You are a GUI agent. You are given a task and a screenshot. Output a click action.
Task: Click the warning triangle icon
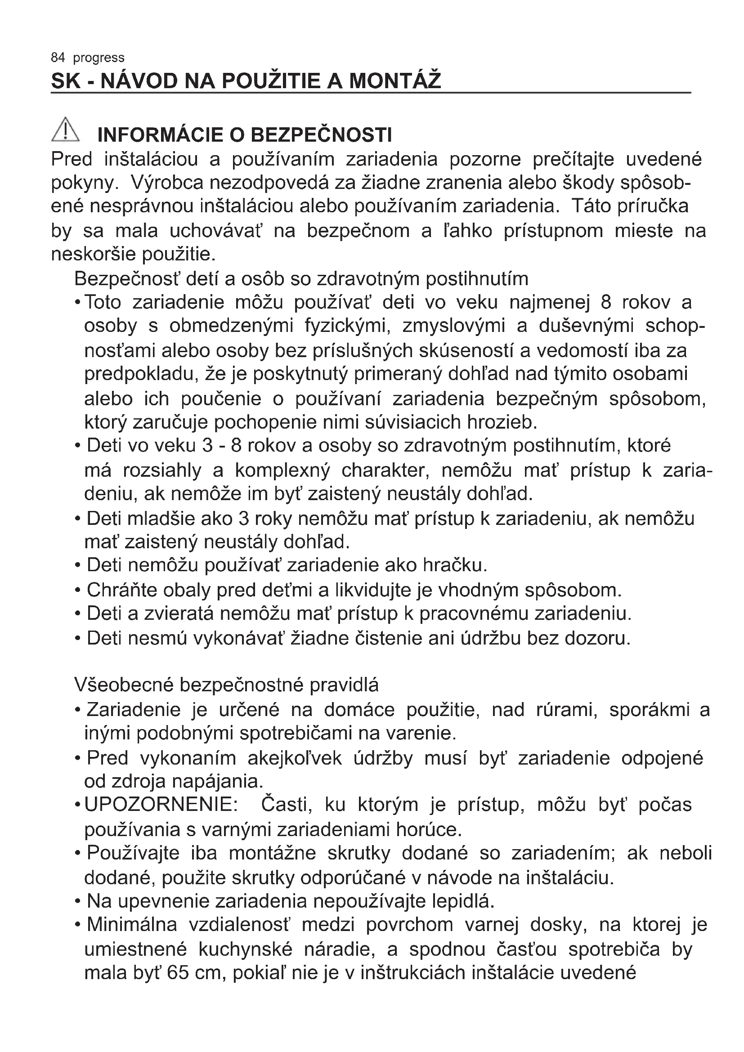coord(65,130)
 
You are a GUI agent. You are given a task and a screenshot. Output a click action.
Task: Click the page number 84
coord(58,58)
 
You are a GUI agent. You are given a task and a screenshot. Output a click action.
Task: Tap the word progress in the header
coord(99,58)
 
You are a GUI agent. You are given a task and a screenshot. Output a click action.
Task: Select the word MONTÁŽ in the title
coord(395,81)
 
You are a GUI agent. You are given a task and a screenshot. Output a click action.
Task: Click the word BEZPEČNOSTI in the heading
coord(322,135)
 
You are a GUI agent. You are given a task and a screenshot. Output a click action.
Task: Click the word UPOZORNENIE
coord(161,804)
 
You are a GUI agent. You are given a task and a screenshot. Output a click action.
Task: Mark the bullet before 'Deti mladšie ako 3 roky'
coord(78,519)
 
